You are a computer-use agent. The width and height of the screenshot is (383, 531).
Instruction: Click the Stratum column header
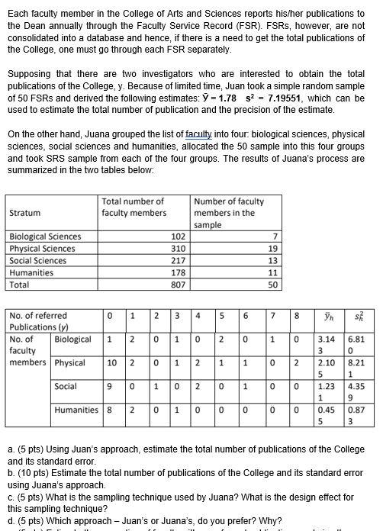26,213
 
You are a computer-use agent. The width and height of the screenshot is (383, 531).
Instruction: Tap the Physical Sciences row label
42,249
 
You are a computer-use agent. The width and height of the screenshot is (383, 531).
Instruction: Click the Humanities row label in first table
31,272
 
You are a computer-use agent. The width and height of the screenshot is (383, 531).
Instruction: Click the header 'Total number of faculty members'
134,207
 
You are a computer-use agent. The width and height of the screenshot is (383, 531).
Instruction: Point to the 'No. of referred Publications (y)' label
38,321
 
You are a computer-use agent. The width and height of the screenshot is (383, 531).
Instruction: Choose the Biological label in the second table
72,340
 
